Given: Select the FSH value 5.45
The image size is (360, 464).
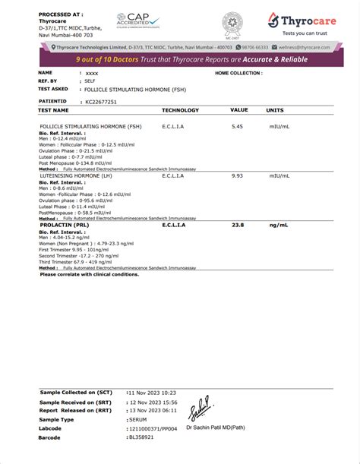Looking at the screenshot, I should (237, 126).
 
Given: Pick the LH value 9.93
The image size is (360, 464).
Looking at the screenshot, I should (237, 175).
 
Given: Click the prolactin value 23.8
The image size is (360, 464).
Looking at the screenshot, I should (238, 225).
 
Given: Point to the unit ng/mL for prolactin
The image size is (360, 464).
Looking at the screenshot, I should (277, 225).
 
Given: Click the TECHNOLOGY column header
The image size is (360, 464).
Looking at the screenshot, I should (180, 110).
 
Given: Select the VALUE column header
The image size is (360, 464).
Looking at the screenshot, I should (239, 110).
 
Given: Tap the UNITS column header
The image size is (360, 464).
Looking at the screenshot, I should (275, 110).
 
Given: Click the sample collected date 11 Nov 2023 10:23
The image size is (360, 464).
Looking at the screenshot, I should (152, 393).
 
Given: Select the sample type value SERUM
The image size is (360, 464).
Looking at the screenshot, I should (138, 419).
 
